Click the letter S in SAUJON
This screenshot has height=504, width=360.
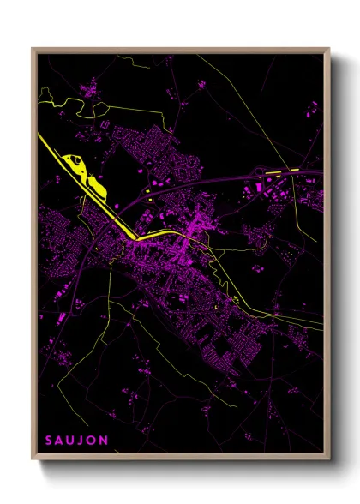49,440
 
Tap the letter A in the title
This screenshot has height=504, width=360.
60,440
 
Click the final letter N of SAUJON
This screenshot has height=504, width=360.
105,440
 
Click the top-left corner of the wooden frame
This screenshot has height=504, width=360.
33,49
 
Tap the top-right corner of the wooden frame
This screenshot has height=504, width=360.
330,49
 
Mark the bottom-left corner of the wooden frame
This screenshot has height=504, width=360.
33,459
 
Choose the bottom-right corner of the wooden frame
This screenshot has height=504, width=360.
330,459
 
